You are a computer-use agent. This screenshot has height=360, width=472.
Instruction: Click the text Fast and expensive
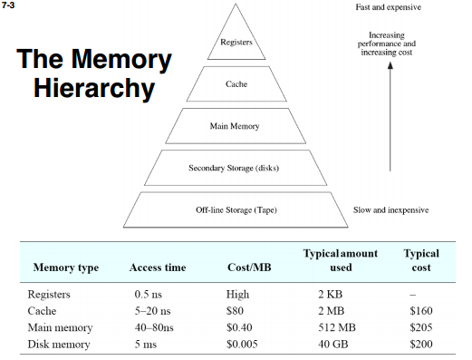(x=389, y=8)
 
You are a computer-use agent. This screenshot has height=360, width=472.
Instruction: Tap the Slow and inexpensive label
(x=390, y=209)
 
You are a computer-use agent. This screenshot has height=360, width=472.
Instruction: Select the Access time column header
(x=157, y=268)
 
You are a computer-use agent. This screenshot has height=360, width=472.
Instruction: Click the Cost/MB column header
(x=246, y=268)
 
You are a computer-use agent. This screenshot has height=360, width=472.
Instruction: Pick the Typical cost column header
(x=420, y=260)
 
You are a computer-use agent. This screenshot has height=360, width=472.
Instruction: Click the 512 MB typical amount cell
(x=339, y=328)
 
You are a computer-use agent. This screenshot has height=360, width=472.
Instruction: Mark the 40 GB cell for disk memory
(x=335, y=345)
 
